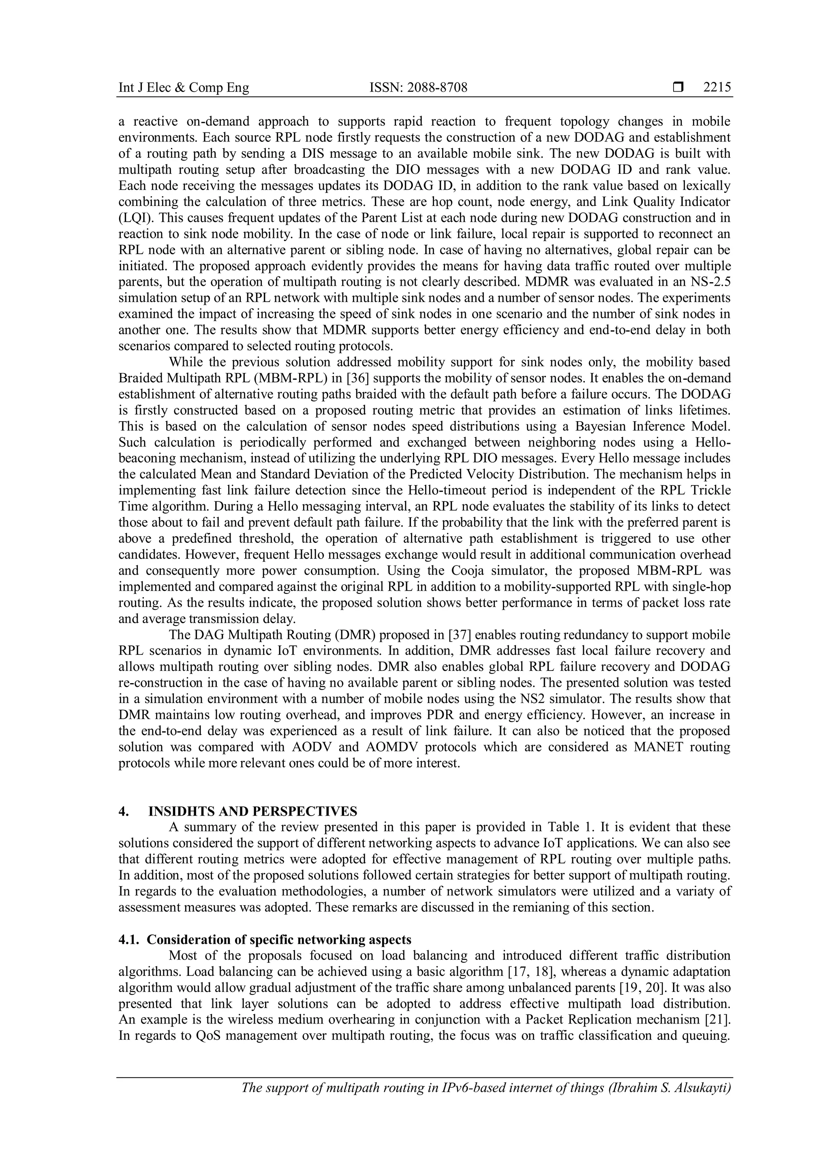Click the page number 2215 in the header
[717, 88]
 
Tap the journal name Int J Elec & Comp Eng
[184, 88]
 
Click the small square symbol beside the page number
[678, 88]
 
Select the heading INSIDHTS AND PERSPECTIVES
[252, 812]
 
